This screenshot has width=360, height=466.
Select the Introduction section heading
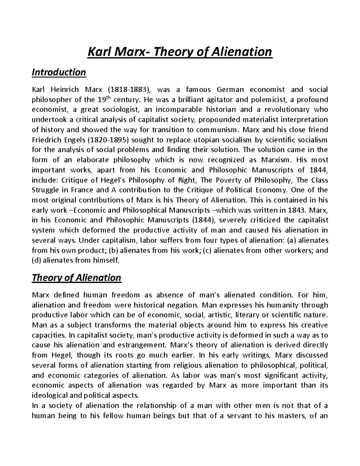click(x=59, y=72)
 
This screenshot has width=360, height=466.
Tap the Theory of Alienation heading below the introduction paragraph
click(x=76, y=278)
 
